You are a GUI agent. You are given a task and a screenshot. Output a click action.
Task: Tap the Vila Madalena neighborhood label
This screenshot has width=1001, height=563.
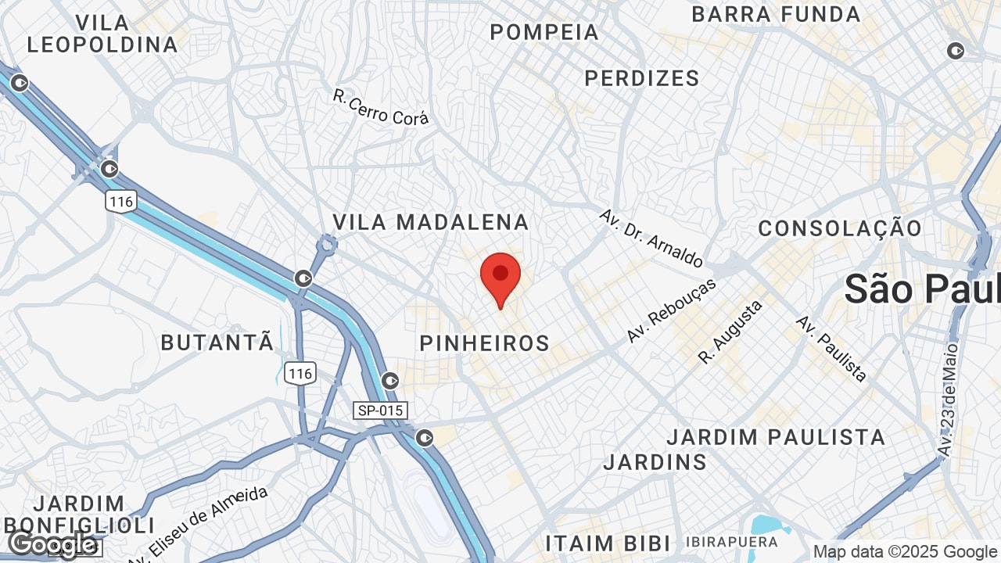(431, 222)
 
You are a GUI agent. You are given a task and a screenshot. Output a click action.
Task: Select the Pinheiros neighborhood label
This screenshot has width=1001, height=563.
(485, 343)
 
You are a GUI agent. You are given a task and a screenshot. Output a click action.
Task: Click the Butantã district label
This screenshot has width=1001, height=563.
(217, 342)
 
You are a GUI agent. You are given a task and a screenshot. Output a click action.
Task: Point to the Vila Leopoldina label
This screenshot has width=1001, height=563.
(103, 33)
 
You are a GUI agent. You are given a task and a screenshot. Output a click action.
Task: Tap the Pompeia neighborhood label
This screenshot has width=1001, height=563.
(544, 32)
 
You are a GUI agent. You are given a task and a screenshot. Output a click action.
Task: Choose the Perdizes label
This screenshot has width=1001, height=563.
(642, 78)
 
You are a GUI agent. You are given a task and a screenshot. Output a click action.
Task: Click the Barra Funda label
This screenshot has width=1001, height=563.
(776, 14)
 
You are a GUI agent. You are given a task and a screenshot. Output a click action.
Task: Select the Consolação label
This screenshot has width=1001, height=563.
(840, 228)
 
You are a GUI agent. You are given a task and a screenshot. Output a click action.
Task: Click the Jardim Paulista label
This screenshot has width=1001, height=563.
(776, 436)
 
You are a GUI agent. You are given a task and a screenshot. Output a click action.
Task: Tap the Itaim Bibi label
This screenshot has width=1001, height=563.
(608, 543)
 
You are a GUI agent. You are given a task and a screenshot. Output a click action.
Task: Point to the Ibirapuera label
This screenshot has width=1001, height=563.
(732, 542)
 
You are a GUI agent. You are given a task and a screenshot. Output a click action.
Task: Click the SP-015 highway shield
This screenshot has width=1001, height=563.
(381, 411)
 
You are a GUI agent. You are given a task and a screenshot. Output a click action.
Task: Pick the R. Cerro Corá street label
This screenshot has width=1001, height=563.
(381, 107)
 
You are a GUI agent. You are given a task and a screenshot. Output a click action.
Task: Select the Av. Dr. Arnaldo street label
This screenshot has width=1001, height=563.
(651, 238)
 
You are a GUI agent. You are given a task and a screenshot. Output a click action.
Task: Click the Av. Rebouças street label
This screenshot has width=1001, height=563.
(672, 310)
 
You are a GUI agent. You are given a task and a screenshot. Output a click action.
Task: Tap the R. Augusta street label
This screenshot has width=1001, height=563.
(730, 332)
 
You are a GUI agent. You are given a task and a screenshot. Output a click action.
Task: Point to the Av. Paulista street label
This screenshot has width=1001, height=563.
(831, 349)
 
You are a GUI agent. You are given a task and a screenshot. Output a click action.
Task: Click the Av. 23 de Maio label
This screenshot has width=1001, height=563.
(949, 400)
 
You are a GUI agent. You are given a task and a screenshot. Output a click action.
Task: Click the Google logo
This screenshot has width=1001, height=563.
(52, 543)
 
